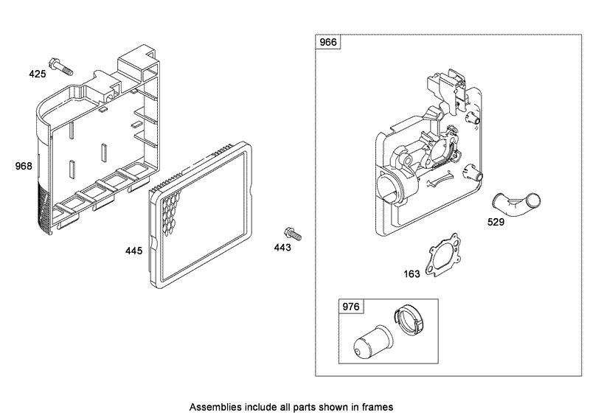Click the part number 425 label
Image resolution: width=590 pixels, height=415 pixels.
[38, 74]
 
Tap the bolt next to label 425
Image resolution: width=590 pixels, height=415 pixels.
[60, 66]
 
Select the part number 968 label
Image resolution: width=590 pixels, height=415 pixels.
[24, 166]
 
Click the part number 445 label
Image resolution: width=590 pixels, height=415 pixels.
[134, 251]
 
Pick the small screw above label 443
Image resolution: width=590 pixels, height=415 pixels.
[293, 234]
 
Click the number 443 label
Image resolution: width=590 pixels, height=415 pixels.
[282, 247]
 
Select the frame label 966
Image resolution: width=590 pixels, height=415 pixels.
[328, 42]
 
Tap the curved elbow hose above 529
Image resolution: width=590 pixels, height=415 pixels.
[516, 203]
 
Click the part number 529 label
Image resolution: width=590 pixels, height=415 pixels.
[496, 222]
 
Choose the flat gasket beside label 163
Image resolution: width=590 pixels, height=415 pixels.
[444, 255]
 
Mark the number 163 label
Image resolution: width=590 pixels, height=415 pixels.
[412, 274]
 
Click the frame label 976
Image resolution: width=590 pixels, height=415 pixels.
[351, 307]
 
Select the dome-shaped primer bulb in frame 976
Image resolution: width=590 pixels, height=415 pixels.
[373, 341]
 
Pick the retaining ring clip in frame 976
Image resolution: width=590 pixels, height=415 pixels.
[409, 320]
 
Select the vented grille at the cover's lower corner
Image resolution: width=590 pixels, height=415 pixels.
[44, 206]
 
